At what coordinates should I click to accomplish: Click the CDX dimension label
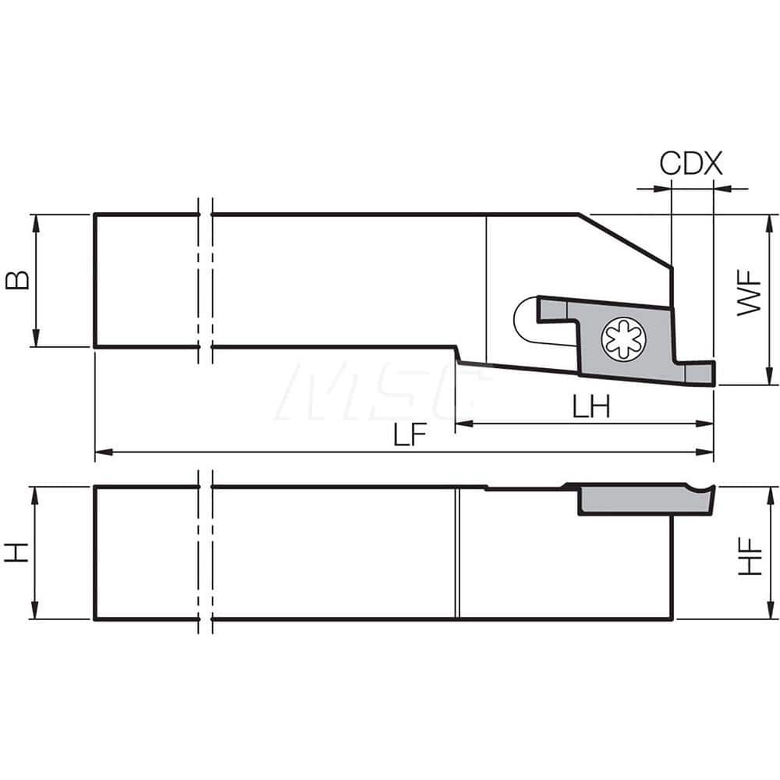[x=691, y=164]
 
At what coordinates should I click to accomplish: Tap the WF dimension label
[x=750, y=293]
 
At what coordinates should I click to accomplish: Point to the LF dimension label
[x=409, y=436]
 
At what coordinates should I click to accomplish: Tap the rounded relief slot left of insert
[x=524, y=321]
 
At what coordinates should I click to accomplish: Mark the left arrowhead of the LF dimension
[x=101, y=452]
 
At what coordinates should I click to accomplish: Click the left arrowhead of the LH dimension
[x=461, y=424]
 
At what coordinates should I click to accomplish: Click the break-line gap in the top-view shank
[x=205, y=280]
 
